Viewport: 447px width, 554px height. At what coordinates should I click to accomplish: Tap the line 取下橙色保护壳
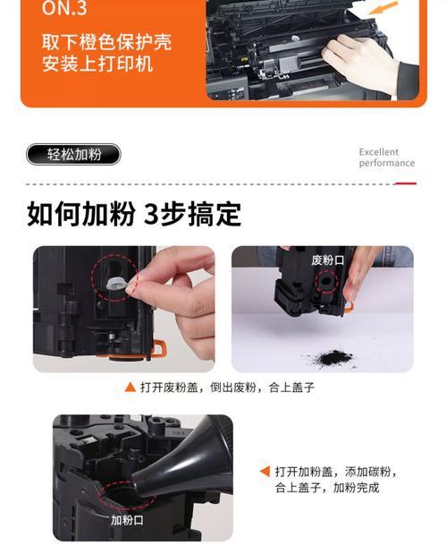(x=106, y=42)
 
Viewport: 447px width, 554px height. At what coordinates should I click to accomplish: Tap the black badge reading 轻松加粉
(x=73, y=155)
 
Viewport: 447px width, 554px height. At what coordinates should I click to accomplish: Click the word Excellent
(x=379, y=152)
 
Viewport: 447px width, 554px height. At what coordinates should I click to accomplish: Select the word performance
(x=386, y=164)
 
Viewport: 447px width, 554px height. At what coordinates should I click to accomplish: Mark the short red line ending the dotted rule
(x=406, y=183)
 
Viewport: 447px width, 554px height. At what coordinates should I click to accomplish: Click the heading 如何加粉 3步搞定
(x=134, y=215)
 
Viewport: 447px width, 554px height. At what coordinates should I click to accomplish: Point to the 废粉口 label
(x=326, y=260)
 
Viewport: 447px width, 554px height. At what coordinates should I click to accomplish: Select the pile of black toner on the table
(x=331, y=357)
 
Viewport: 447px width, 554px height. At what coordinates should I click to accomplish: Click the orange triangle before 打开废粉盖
(x=130, y=388)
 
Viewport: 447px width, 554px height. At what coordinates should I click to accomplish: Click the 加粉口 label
(x=126, y=519)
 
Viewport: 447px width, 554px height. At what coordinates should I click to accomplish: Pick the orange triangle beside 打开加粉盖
(x=265, y=471)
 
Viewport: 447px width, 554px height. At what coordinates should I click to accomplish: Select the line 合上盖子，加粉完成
(x=327, y=488)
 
